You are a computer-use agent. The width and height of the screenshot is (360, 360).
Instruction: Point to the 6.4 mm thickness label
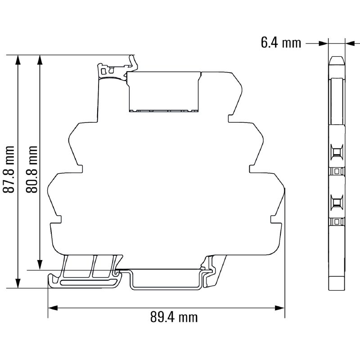[x=280, y=43]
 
